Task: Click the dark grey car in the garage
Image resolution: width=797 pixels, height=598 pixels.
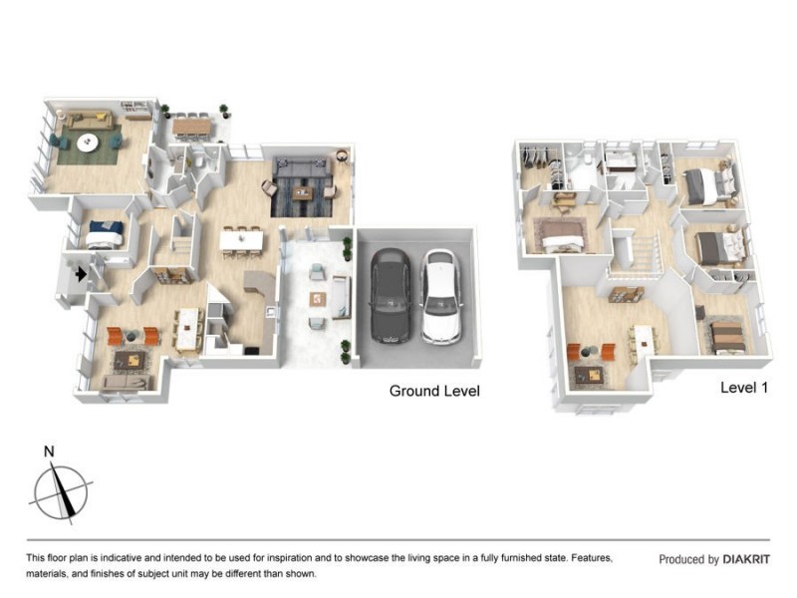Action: [x=391, y=295]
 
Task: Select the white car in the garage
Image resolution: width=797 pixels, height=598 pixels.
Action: [x=441, y=295]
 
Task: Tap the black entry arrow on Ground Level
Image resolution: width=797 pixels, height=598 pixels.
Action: [x=81, y=275]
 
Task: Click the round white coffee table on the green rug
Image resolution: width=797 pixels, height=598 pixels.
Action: [x=88, y=143]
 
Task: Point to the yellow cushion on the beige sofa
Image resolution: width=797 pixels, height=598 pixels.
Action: [x=102, y=117]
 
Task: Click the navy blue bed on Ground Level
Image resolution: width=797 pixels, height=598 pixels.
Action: [x=106, y=233]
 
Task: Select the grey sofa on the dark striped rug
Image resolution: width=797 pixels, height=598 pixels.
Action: [x=303, y=167]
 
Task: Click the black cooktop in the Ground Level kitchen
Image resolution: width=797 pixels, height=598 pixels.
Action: [x=252, y=351]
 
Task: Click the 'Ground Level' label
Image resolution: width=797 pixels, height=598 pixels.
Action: [x=434, y=391]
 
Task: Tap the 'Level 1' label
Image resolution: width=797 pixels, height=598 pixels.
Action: [x=744, y=388]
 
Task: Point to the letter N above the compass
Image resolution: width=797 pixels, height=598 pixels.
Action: [x=49, y=451]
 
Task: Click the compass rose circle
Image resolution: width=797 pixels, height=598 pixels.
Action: [x=61, y=492]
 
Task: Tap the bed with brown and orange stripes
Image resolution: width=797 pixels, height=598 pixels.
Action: [x=728, y=337]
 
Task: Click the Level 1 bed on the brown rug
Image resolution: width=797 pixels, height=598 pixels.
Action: [x=563, y=235]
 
